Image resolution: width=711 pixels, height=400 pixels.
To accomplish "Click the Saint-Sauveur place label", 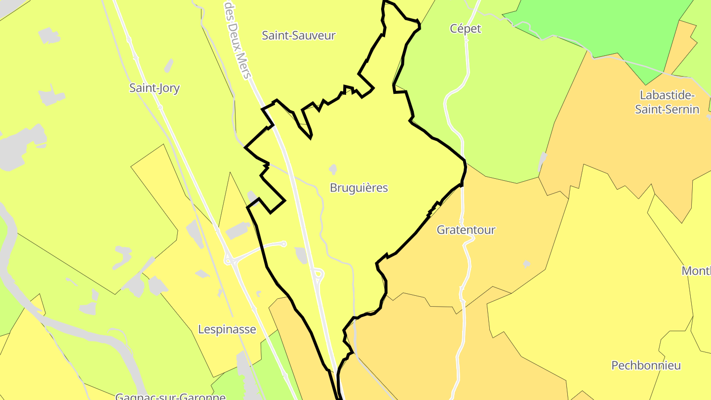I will click(x=299, y=36).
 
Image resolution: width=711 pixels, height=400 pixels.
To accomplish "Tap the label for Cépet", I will click(x=465, y=29).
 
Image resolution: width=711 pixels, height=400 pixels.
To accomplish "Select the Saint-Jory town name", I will click(x=155, y=88).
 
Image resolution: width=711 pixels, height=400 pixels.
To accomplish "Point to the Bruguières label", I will click(x=359, y=188).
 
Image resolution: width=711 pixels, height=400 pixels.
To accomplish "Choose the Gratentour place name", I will click(x=466, y=230).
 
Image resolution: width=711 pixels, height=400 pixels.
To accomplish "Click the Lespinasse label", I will click(x=227, y=329).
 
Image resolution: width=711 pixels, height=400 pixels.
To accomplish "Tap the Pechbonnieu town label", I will click(x=646, y=366).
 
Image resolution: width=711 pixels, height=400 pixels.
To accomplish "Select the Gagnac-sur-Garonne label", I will click(x=170, y=396).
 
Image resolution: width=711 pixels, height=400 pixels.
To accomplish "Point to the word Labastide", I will click(x=667, y=95).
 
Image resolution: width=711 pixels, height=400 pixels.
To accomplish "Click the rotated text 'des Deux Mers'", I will click(x=238, y=40).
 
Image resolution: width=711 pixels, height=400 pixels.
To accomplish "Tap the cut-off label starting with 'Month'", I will click(x=696, y=271).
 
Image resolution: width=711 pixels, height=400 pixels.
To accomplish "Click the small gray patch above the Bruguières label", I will click(x=332, y=169).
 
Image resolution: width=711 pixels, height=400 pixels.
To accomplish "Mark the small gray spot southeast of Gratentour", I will click(x=526, y=264).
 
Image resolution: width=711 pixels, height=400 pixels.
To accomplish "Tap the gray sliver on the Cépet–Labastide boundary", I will click(x=543, y=160).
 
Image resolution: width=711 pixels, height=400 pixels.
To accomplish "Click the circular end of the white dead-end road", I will click(x=283, y=243).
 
